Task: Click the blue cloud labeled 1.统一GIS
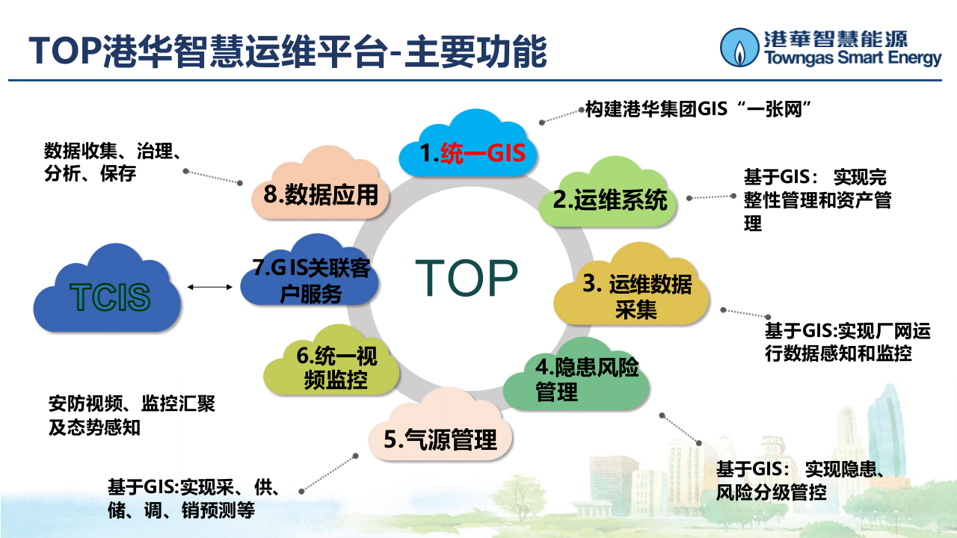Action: click(471, 149)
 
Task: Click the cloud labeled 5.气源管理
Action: click(440, 438)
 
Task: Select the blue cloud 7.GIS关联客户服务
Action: click(310, 278)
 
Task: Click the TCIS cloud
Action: click(108, 296)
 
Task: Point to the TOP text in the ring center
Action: click(467, 278)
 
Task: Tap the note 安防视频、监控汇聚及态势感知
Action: click(132, 415)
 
